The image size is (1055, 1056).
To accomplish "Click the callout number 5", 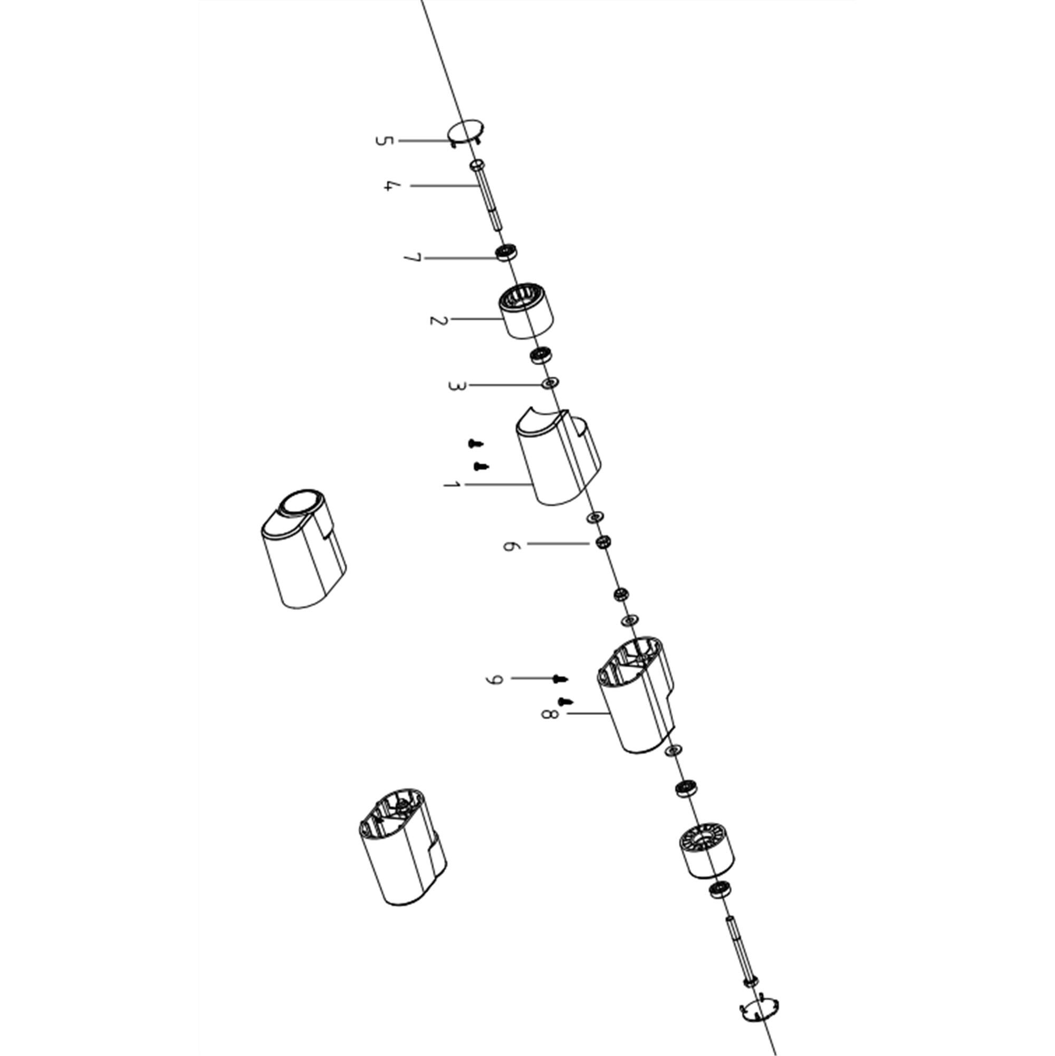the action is point(384,141).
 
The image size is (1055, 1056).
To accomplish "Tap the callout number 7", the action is point(413,258).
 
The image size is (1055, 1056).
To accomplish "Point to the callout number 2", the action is point(438,320).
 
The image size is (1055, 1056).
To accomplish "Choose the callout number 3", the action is point(457,385).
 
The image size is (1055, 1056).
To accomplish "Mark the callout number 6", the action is point(509,546).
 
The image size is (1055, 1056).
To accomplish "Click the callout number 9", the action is point(493,679).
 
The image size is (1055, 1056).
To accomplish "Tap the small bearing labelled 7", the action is point(506,252).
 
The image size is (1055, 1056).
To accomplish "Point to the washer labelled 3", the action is point(550,383).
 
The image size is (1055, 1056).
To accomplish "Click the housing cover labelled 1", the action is point(557,458).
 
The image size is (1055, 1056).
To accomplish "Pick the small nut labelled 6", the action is point(602,543).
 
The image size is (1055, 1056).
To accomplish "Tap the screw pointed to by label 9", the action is point(560,679).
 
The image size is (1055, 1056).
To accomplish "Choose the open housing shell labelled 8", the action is point(636,694).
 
